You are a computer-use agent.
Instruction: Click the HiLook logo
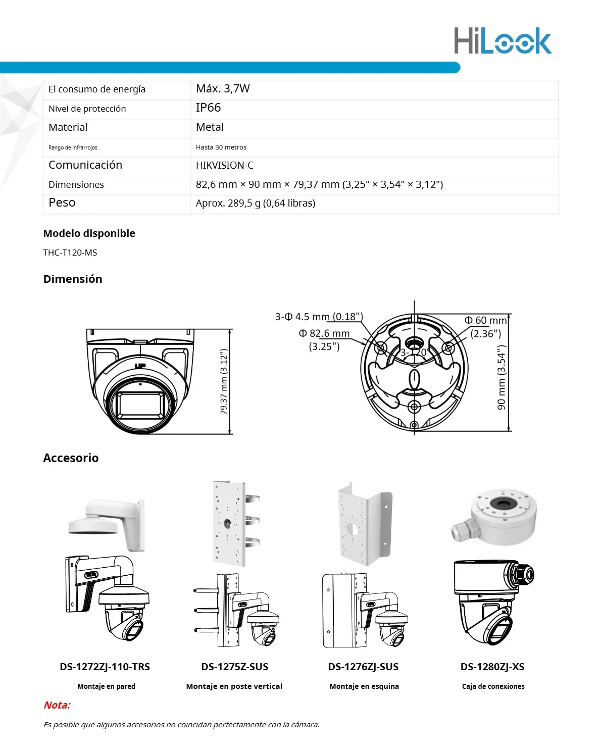(x=502, y=41)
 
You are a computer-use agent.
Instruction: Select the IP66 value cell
(x=208, y=108)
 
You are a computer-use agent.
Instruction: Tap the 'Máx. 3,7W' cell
(x=223, y=89)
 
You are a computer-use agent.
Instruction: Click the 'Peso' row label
(x=62, y=203)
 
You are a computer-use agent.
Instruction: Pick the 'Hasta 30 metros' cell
(x=221, y=147)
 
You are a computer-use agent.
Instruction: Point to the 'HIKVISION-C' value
(x=225, y=166)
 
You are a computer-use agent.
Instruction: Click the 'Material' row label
(x=68, y=128)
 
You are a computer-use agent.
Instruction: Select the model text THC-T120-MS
(x=70, y=253)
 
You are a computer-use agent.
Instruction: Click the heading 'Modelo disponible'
(x=89, y=233)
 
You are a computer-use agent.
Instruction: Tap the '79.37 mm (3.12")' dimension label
(x=224, y=382)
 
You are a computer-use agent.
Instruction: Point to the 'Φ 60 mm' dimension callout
(x=485, y=321)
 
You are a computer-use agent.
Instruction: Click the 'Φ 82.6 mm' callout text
(x=324, y=333)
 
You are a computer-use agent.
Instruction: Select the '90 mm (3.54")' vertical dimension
(x=501, y=377)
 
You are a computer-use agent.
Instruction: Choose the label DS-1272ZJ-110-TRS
(x=105, y=667)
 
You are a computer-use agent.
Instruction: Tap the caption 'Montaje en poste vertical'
(x=234, y=686)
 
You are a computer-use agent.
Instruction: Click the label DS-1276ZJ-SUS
(x=363, y=667)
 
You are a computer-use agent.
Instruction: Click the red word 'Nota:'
(x=57, y=705)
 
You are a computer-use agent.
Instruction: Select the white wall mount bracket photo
(x=108, y=524)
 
